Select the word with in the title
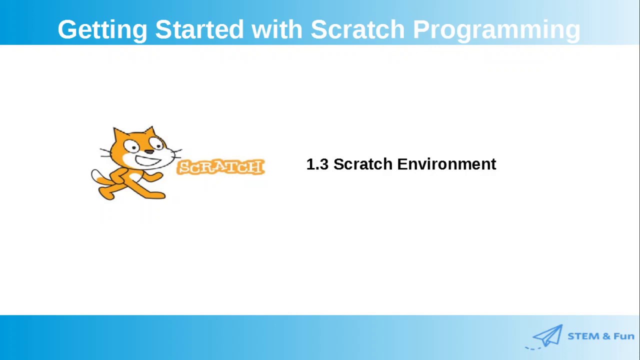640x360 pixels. [277, 29]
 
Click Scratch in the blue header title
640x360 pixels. [357, 29]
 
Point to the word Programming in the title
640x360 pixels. [496, 30]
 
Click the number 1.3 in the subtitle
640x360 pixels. [317, 164]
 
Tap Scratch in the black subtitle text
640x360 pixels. [363, 164]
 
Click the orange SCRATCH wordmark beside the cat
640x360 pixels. [220, 167]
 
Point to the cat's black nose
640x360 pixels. [148, 151]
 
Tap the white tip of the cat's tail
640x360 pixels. [95, 176]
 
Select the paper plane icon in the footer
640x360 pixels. [548, 335]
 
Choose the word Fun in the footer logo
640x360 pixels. [623, 336]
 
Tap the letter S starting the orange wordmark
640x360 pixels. [183, 167]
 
